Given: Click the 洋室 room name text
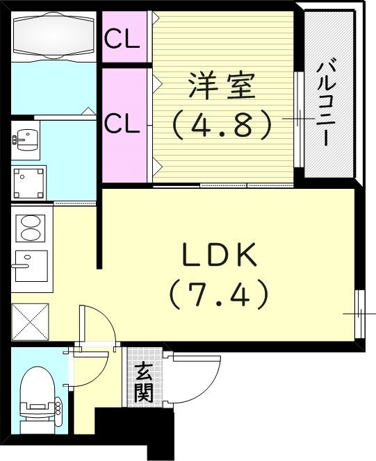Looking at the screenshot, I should tap(221, 87).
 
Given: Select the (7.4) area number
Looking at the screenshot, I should tap(220, 296).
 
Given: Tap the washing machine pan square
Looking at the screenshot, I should tap(29, 182).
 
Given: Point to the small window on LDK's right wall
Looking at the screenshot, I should tap(359, 313).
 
